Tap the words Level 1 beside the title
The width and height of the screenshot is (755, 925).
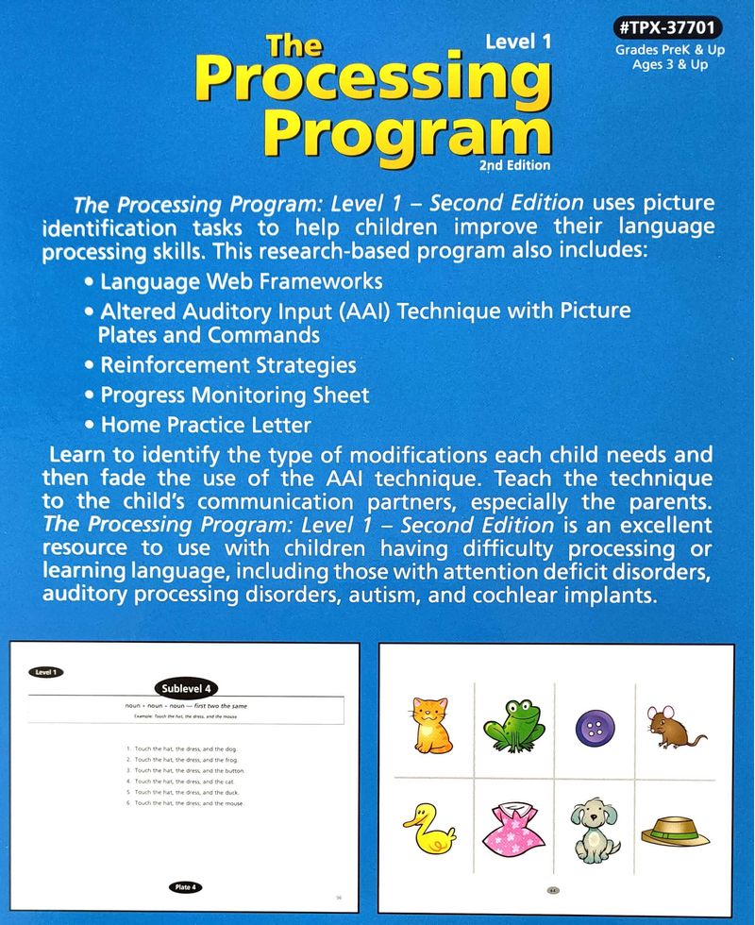point(517,41)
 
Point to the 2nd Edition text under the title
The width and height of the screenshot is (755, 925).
point(514,164)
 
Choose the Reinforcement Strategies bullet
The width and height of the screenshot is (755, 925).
point(219,363)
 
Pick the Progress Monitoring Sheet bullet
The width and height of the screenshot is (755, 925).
point(226,395)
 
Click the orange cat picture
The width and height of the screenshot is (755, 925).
point(431,724)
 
